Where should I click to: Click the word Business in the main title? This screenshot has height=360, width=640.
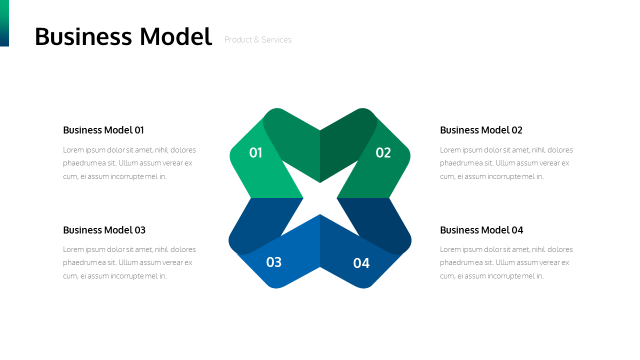pos(83,36)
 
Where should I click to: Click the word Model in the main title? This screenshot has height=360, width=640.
pos(175,36)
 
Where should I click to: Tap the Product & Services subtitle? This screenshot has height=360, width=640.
pos(258,39)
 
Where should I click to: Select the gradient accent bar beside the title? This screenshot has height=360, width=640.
pos(4,23)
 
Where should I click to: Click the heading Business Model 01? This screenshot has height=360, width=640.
pos(103,130)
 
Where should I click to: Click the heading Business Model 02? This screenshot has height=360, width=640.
pos(481,130)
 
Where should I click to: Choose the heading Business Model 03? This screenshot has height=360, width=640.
pos(104,230)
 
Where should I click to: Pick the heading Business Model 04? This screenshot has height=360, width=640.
pos(481,230)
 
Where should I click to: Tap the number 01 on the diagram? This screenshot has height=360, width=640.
pos(255,153)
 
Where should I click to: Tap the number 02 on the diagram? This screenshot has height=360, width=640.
pos(383,153)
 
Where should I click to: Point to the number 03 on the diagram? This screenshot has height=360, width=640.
pos(273,262)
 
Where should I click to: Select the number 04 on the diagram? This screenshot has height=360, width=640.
pos(361,263)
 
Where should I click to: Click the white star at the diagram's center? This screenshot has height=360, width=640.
pos(320,198)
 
